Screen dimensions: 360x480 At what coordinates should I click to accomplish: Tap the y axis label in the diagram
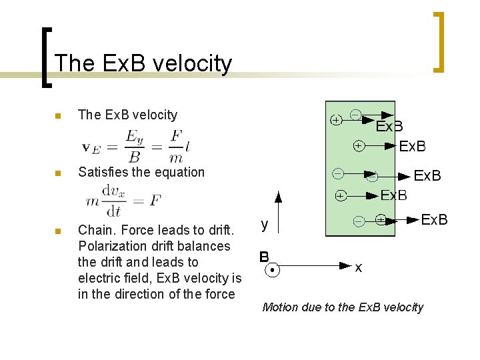(265, 225)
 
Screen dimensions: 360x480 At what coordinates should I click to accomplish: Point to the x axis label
(359, 268)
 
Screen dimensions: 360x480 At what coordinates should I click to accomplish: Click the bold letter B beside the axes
(264, 256)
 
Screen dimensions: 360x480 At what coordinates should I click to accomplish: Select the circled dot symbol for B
(272, 271)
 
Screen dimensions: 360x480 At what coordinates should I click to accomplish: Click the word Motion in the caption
(280, 307)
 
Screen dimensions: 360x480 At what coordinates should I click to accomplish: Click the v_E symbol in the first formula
(91, 147)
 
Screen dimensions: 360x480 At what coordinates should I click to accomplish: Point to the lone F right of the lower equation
(155, 200)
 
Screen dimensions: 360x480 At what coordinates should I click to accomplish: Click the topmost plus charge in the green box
(337, 120)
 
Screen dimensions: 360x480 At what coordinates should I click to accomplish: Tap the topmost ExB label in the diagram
(389, 127)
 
